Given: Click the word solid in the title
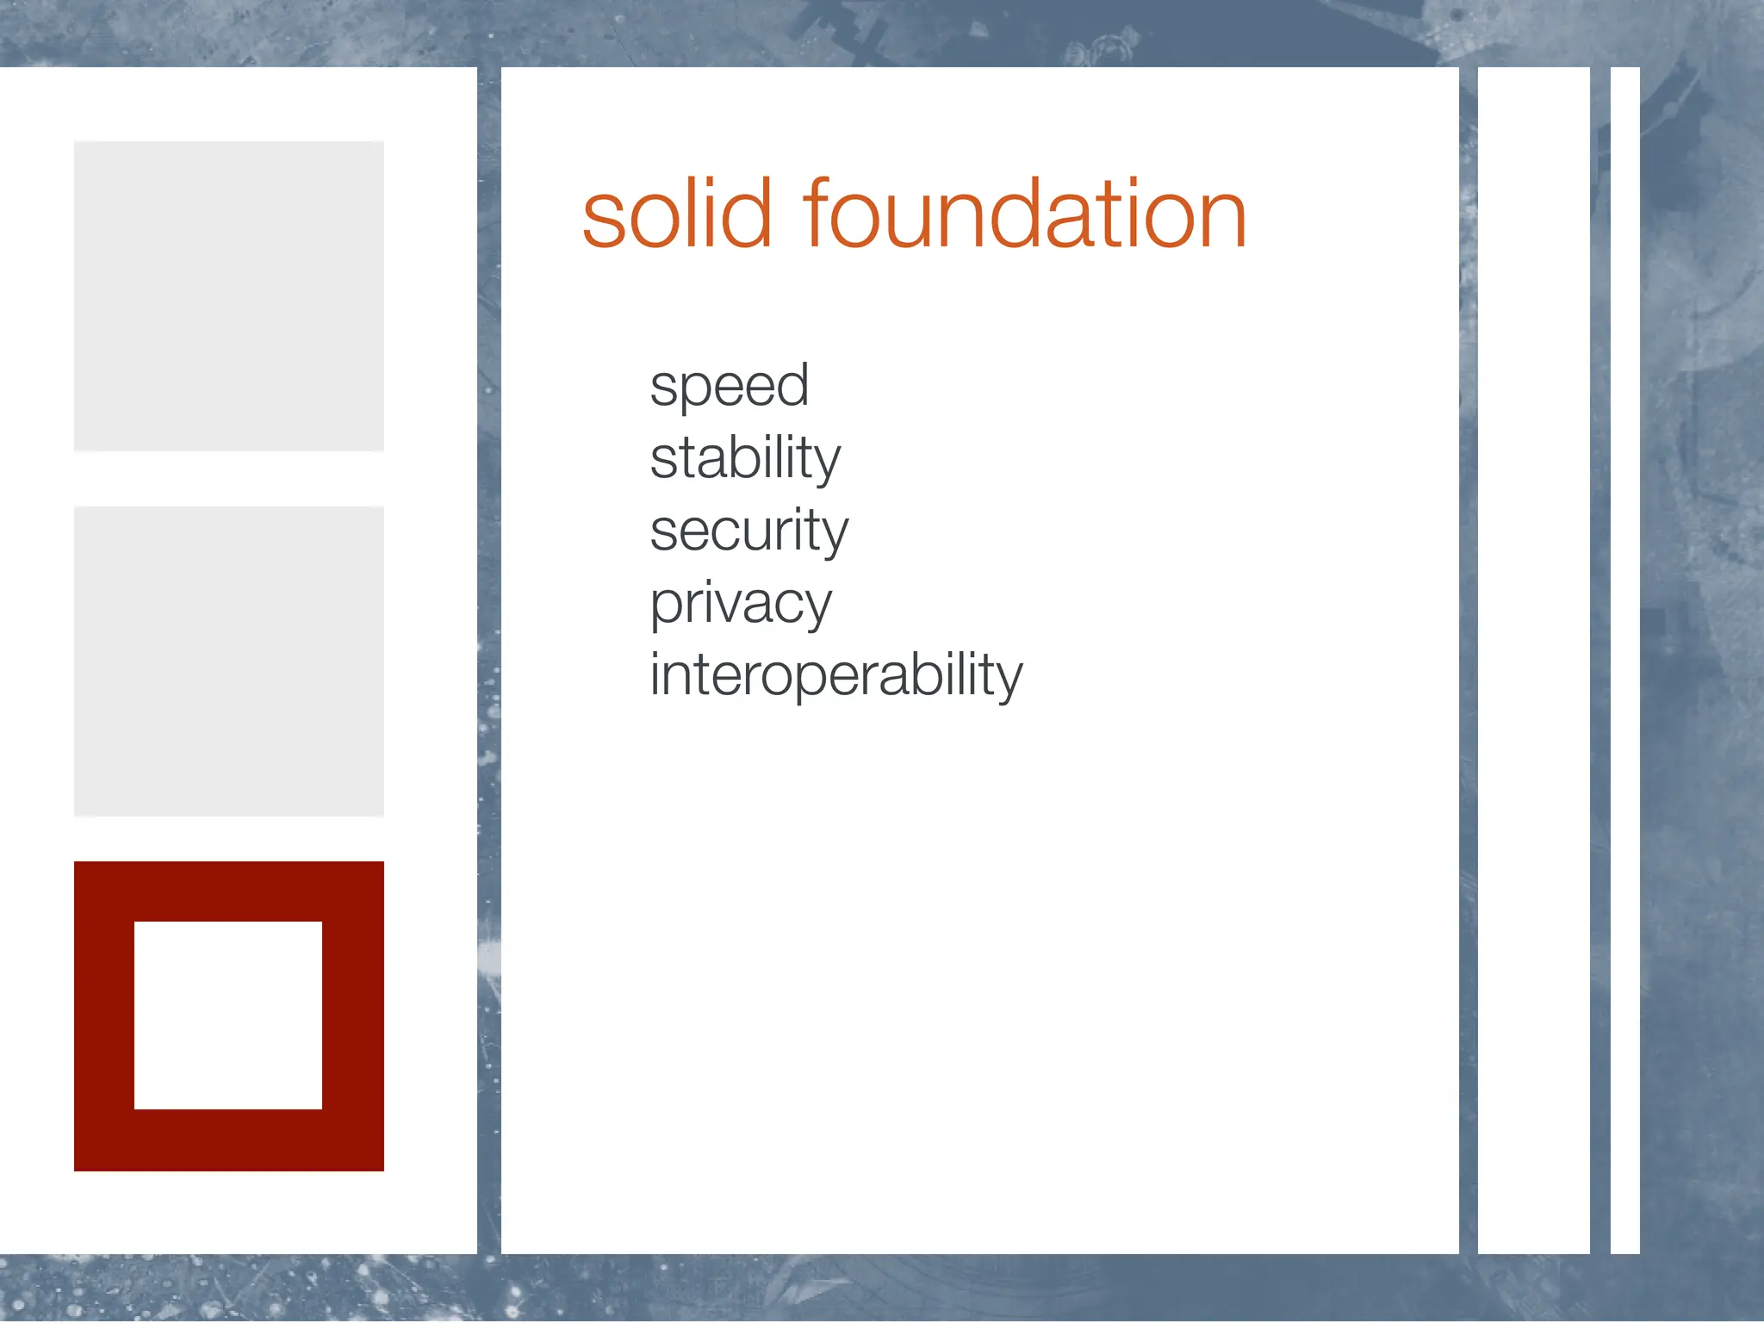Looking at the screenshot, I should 676,214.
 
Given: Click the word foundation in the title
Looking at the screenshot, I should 1025,214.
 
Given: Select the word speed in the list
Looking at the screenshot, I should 729,387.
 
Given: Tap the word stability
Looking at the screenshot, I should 745,458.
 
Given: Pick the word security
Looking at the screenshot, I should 748,531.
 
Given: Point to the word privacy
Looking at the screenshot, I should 741,604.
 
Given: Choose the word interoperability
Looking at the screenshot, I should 835,675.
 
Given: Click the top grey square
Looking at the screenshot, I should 229,295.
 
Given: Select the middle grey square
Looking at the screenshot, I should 229,661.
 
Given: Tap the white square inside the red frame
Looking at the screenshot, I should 228,1015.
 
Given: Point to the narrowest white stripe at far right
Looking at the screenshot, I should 1624,661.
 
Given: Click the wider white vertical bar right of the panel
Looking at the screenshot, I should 1533,661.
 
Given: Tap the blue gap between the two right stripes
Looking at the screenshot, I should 1600,661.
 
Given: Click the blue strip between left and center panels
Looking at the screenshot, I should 489,661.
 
